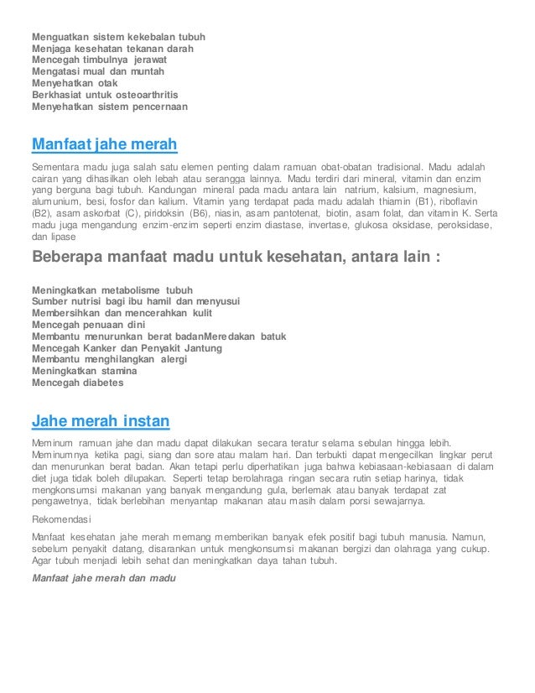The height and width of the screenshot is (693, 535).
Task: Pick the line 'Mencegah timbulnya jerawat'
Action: [x=99, y=60]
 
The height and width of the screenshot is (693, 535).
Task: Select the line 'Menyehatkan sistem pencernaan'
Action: [x=110, y=107]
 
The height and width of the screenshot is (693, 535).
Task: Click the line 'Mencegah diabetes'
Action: [x=77, y=383]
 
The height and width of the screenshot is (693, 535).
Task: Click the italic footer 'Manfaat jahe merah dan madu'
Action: [x=106, y=578]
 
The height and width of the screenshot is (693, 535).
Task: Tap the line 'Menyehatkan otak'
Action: [x=75, y=84]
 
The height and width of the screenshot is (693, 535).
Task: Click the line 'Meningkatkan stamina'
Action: [x=85, y=371]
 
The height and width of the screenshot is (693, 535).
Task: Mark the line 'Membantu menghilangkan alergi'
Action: [x=109, y=359]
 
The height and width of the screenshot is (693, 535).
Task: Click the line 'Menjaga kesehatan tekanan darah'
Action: [x=112, y=49]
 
